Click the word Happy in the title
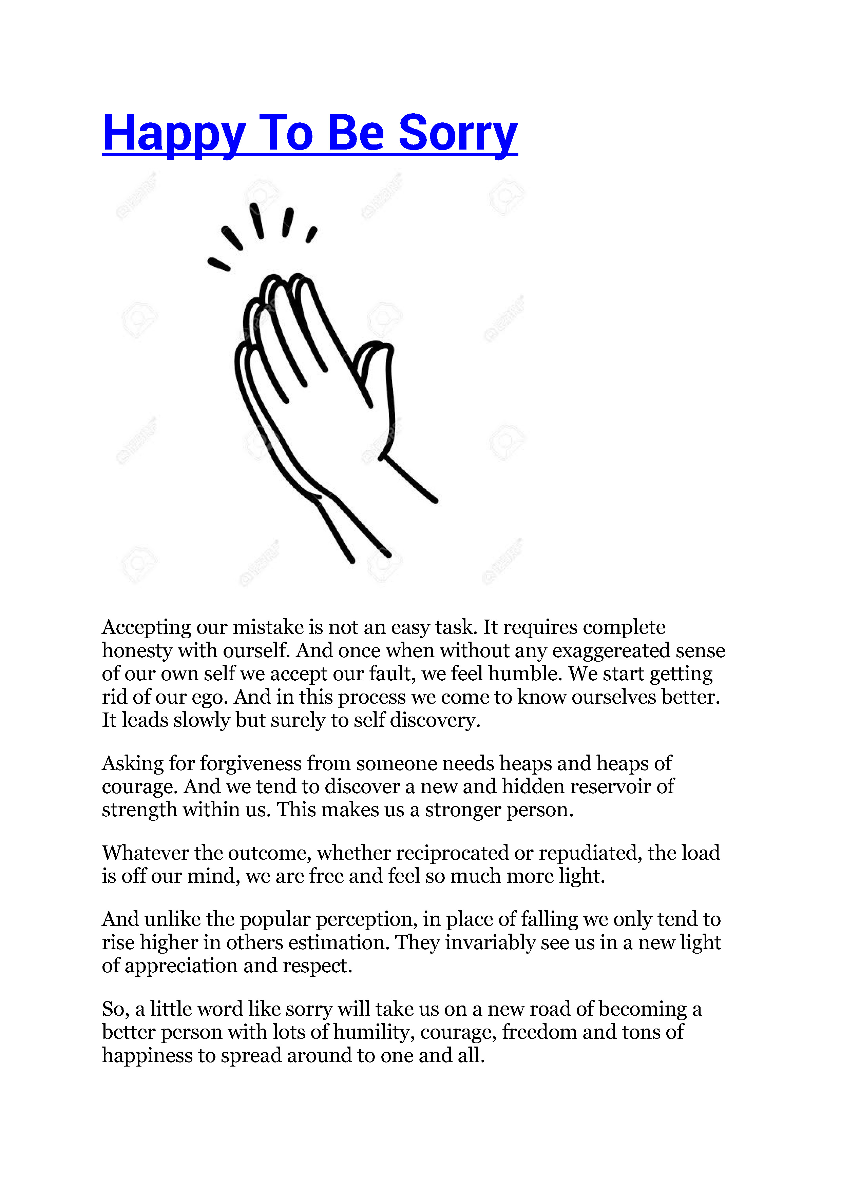[x=174, y=133]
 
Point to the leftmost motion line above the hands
[x=219, y=264]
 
